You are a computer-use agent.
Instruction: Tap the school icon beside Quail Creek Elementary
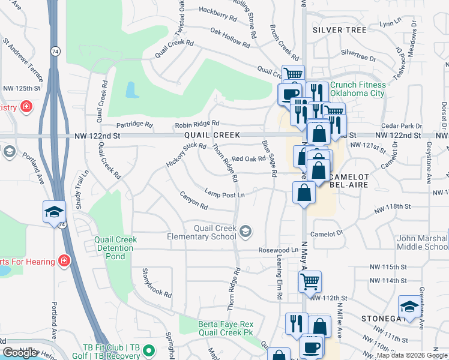tap(246, 231)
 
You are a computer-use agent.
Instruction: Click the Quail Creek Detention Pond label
tap(115, 248)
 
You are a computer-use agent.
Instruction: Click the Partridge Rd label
tap(135, 124)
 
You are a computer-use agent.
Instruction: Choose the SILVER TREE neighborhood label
tap(339, 29)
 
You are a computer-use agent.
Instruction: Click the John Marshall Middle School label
tap(422, 242)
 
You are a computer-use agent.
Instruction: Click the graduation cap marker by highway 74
tap(53, 212)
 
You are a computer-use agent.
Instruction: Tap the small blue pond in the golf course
tap(130, 91)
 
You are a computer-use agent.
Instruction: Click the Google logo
tap(20, 353)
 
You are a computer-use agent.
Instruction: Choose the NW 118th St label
tap(393, 206)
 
